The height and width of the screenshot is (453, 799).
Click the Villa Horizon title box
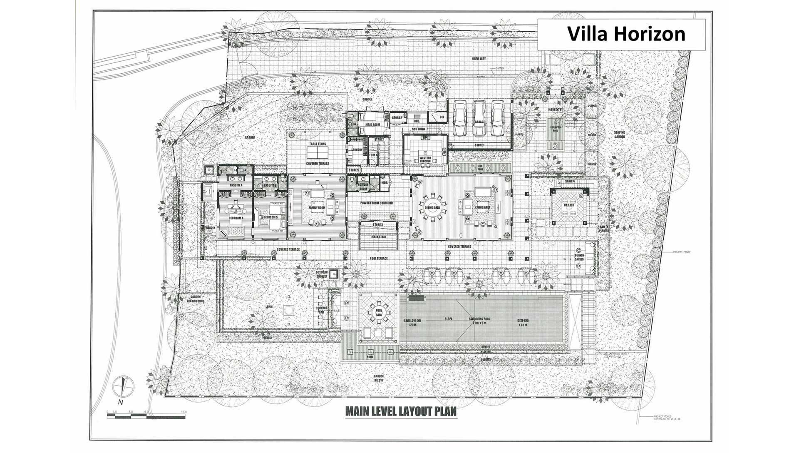click(x=622, y=34)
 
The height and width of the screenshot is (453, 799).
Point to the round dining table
click(x=433, y=207)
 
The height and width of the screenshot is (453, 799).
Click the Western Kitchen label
click(x=425, y=159)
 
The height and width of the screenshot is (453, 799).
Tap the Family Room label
click(x=316, y=207)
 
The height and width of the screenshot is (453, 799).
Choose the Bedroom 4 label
click(x=236, y=217)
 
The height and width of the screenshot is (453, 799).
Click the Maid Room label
click(x=372, y=124)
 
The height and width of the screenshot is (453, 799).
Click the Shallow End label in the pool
click(x=412, y=322)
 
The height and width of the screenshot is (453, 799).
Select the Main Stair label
click(x=378, y=237)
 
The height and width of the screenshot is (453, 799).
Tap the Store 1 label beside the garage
click(x=479, y=145)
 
